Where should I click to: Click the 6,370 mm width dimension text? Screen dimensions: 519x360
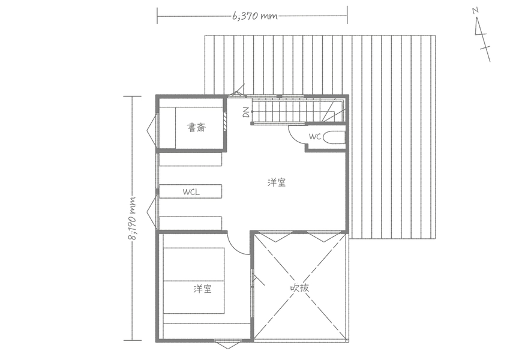pyautogui.click(x=255, y=16)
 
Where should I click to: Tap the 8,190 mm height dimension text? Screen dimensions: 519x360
pyautogui.click(x=133, y=218)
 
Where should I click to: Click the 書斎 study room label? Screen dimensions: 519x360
pyautogui.click(x=197, y=127)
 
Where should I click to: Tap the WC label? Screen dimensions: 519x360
pyautogui.click(x=315, y=136)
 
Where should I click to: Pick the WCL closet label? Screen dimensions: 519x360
pyautogui.click(x=191, y=192)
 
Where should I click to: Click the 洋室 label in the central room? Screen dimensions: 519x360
pyautogui.click(x=277, y=182)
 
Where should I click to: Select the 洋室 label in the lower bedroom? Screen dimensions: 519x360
pyautogui.click(x=203, y=289)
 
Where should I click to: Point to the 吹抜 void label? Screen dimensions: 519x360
pyautogui.click(x=299, y=287)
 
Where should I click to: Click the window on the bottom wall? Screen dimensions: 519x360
pyautogui.click(x=228, y=344)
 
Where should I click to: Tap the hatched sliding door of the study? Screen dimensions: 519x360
pyautogui.click(x=225, y=121)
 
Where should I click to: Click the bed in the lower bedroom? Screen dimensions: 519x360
pyautogui.click(x=194, y=281)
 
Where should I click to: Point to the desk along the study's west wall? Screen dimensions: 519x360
pyautogui.click(x=167, y=128)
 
